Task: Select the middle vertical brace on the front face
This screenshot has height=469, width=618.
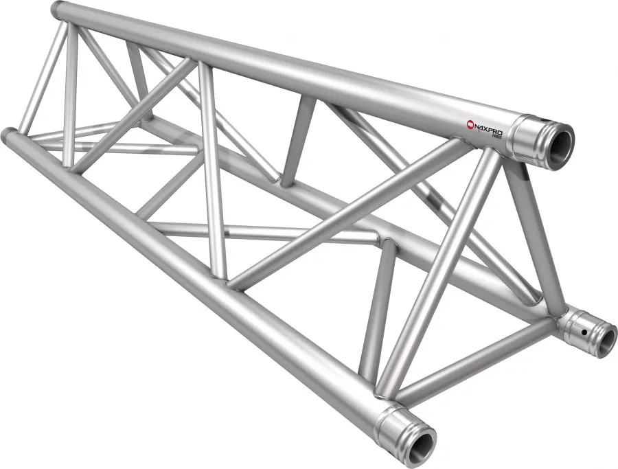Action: (212, 172)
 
